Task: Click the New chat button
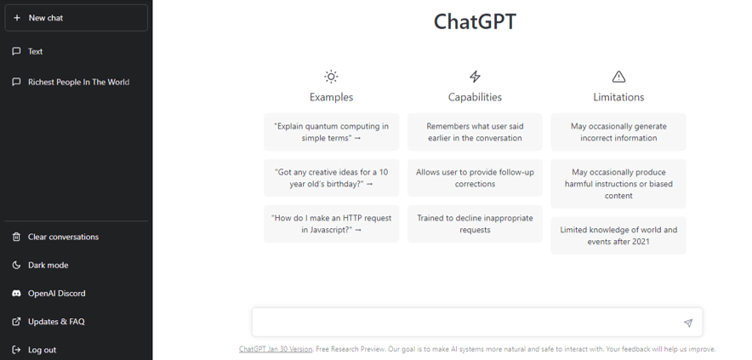77,18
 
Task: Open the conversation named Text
35,51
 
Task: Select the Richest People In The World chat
78,82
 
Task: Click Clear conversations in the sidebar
63,237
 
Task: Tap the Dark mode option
48,265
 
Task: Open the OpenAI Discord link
56,294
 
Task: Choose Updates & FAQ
56,322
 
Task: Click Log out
42,350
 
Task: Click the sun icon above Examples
331,77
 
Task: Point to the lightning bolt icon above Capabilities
475,77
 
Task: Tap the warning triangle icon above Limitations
618,77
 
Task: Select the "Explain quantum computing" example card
332,132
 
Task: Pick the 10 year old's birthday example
332,178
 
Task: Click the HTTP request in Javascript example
332,224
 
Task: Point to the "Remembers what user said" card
475,132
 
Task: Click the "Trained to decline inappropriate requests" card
475,224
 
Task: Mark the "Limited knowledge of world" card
618,235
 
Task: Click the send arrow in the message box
688,323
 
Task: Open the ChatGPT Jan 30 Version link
276,349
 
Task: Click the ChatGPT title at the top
475,21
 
